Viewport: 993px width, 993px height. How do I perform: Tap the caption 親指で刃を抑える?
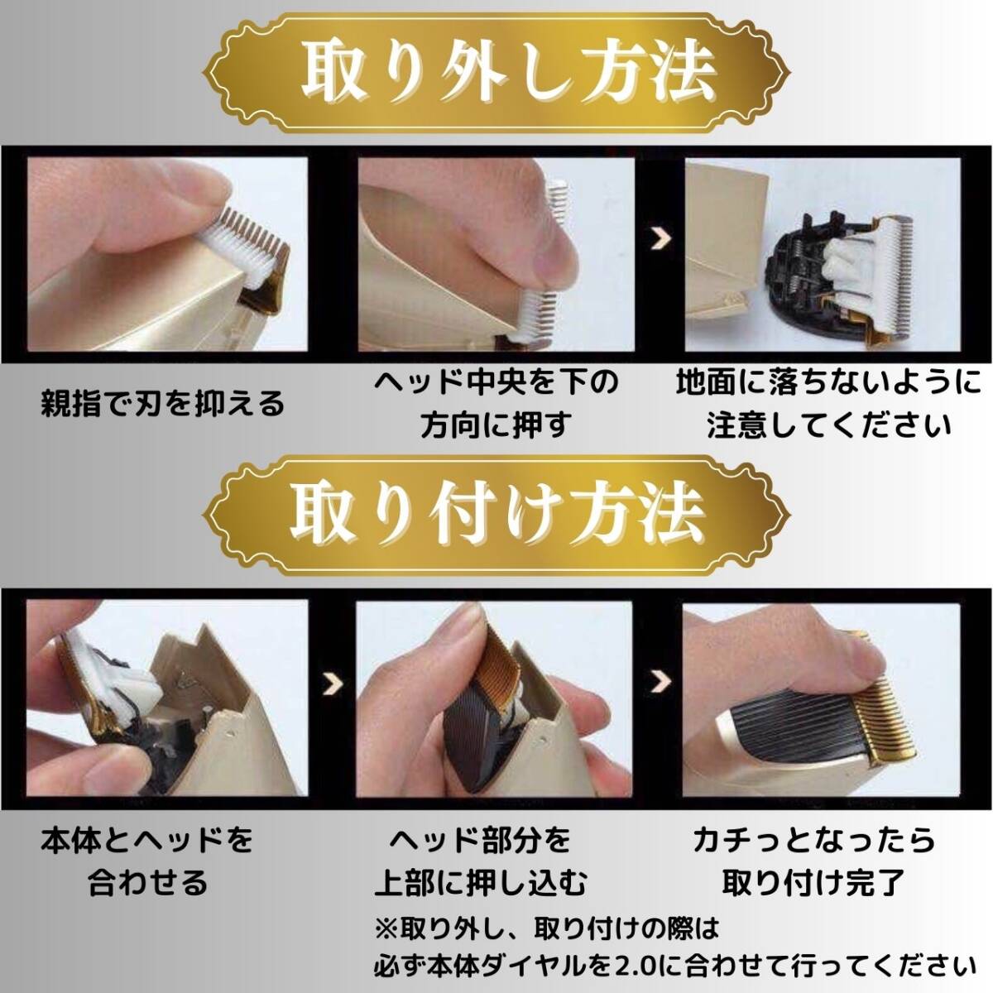coord(162,404)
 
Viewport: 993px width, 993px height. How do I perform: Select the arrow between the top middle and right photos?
coord(660,239)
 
